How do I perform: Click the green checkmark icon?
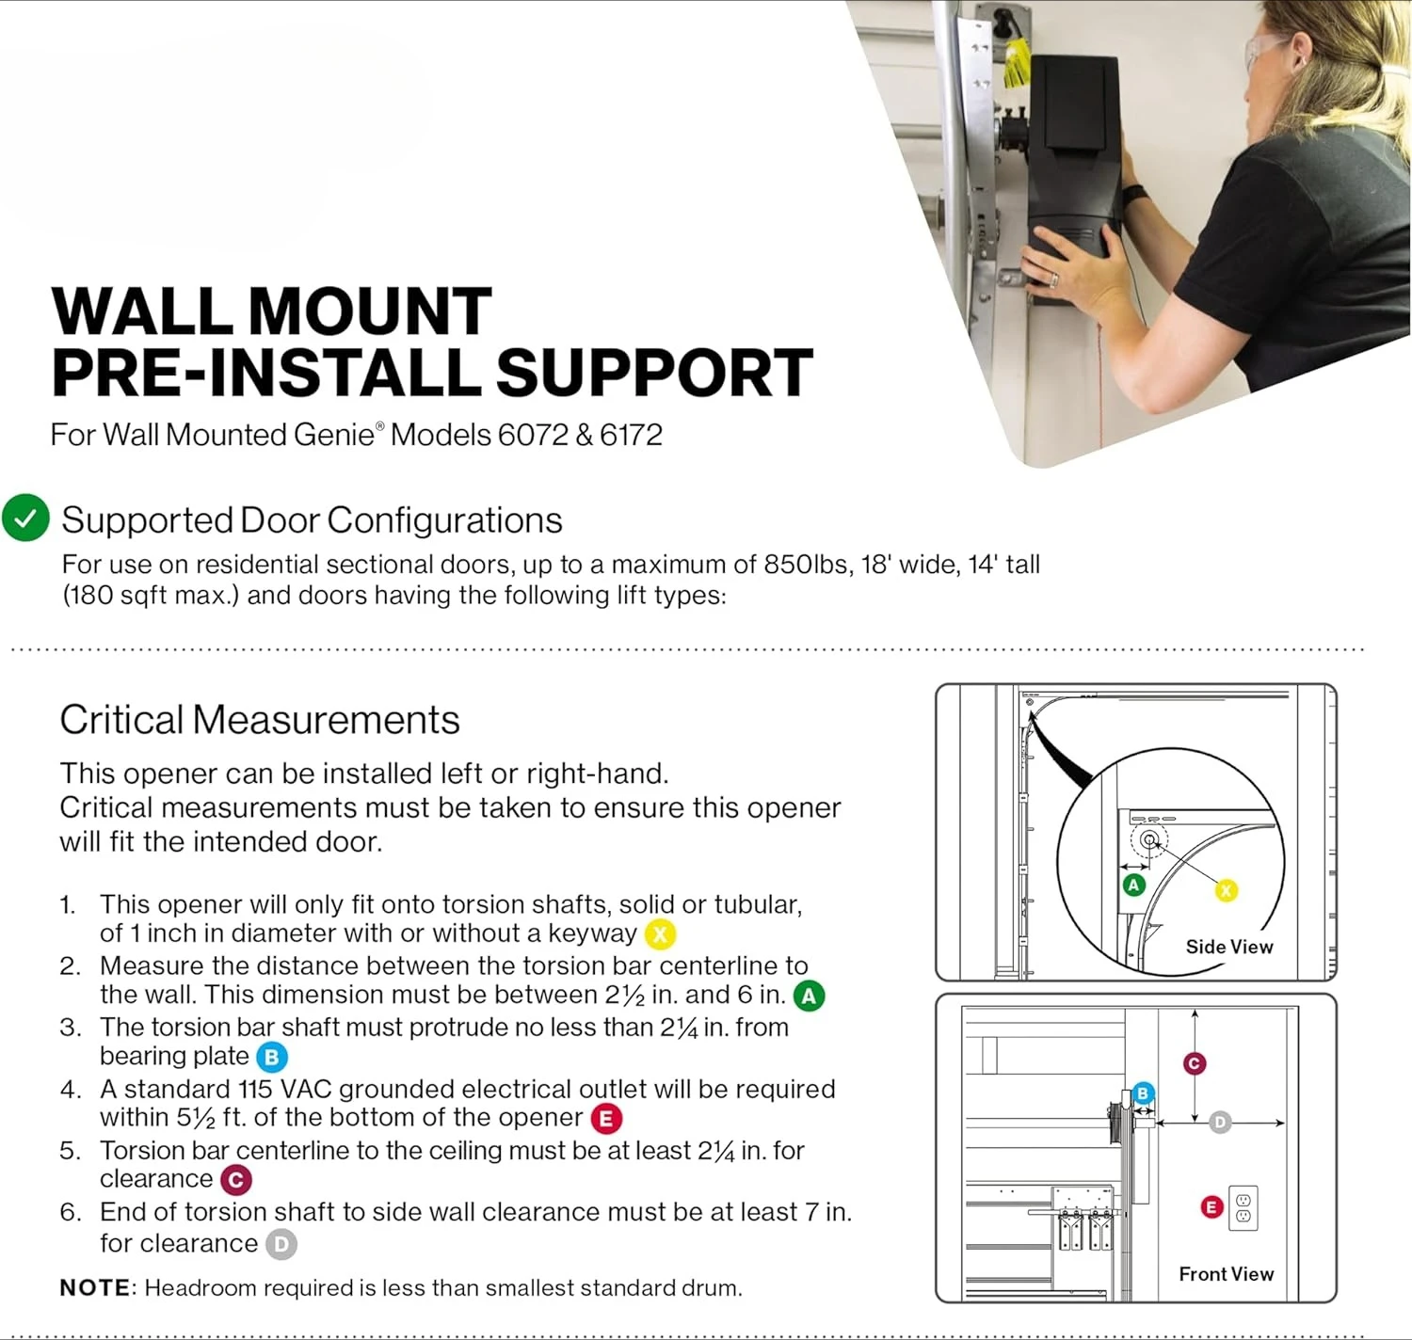(x=25, y=518)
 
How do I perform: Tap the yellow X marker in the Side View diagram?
(x=1226, y=890)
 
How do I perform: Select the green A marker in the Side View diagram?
(x=1133, y=885)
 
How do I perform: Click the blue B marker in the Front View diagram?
(x=1143, y=1093)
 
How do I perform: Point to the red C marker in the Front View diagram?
(x=1195, y=1063)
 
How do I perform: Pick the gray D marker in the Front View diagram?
(x=1220, y=1122)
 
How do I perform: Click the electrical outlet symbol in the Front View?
(x=1243, y=1207)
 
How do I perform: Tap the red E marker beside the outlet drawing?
(x=1212, y=1206)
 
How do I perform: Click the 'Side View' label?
(x=1228, y=947)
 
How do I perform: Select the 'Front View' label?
(x=1226, y=1273)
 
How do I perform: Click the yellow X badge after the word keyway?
(x=660, y=934)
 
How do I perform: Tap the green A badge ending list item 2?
(x=809, y=996)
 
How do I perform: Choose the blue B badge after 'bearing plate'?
(x=271, y=1057)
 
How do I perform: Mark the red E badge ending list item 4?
(x=606, y=1118)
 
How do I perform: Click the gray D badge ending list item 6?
(x=281, y=1244)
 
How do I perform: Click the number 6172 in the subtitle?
(x=631, y=435)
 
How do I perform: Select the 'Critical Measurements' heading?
(x=259, y=720)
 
